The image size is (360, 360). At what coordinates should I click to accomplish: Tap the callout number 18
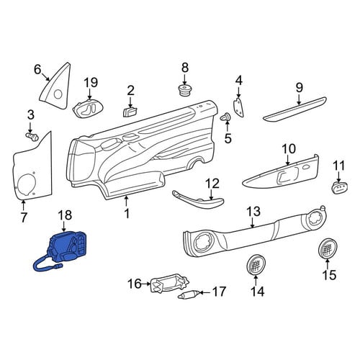point(65,215)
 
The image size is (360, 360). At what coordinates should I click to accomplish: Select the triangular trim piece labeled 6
point(55,88)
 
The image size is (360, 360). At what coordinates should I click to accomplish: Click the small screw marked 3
point(32,137)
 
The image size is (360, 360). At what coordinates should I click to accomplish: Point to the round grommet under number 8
point(184,90)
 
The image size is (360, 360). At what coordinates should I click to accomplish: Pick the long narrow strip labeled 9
point(294,109)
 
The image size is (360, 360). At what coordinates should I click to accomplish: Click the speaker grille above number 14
point(256,265)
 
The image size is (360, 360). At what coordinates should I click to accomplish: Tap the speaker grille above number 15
point(328,248)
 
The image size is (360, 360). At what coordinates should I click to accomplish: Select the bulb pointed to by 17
point(189,294)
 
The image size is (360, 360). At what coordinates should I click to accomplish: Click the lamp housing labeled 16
point(169,284)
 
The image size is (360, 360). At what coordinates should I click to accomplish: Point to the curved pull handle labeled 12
point(198,199)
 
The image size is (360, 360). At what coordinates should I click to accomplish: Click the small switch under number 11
point(340,187)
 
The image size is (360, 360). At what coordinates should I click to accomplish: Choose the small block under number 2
point(130,112)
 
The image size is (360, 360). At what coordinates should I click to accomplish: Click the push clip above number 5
point(225,117)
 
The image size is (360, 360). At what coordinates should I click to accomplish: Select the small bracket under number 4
point(238,107)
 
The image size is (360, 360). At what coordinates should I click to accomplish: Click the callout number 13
point(253,212)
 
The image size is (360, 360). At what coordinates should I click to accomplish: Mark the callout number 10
point(288,149)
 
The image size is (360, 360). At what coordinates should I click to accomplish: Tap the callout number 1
point(127,213)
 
